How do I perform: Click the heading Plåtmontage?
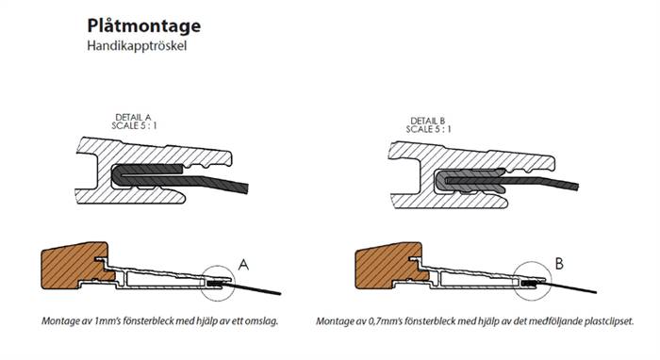click(x=144, y=26)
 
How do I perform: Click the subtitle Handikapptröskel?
click(x=137, y=46)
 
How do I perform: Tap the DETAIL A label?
click(x=133, y=118)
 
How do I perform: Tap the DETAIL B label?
click(x=428, y=122)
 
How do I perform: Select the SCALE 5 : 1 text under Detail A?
click(x=134, y=125)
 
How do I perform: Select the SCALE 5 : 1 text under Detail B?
click(x=428, y=129)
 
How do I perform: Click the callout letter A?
click(x=243, y=265)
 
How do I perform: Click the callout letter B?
click(x=559, y=264)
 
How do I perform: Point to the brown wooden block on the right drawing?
click(x=389, y=265)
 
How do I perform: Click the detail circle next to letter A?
click(x=218, y=266)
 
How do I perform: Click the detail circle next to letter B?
click(x=533, y=262)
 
